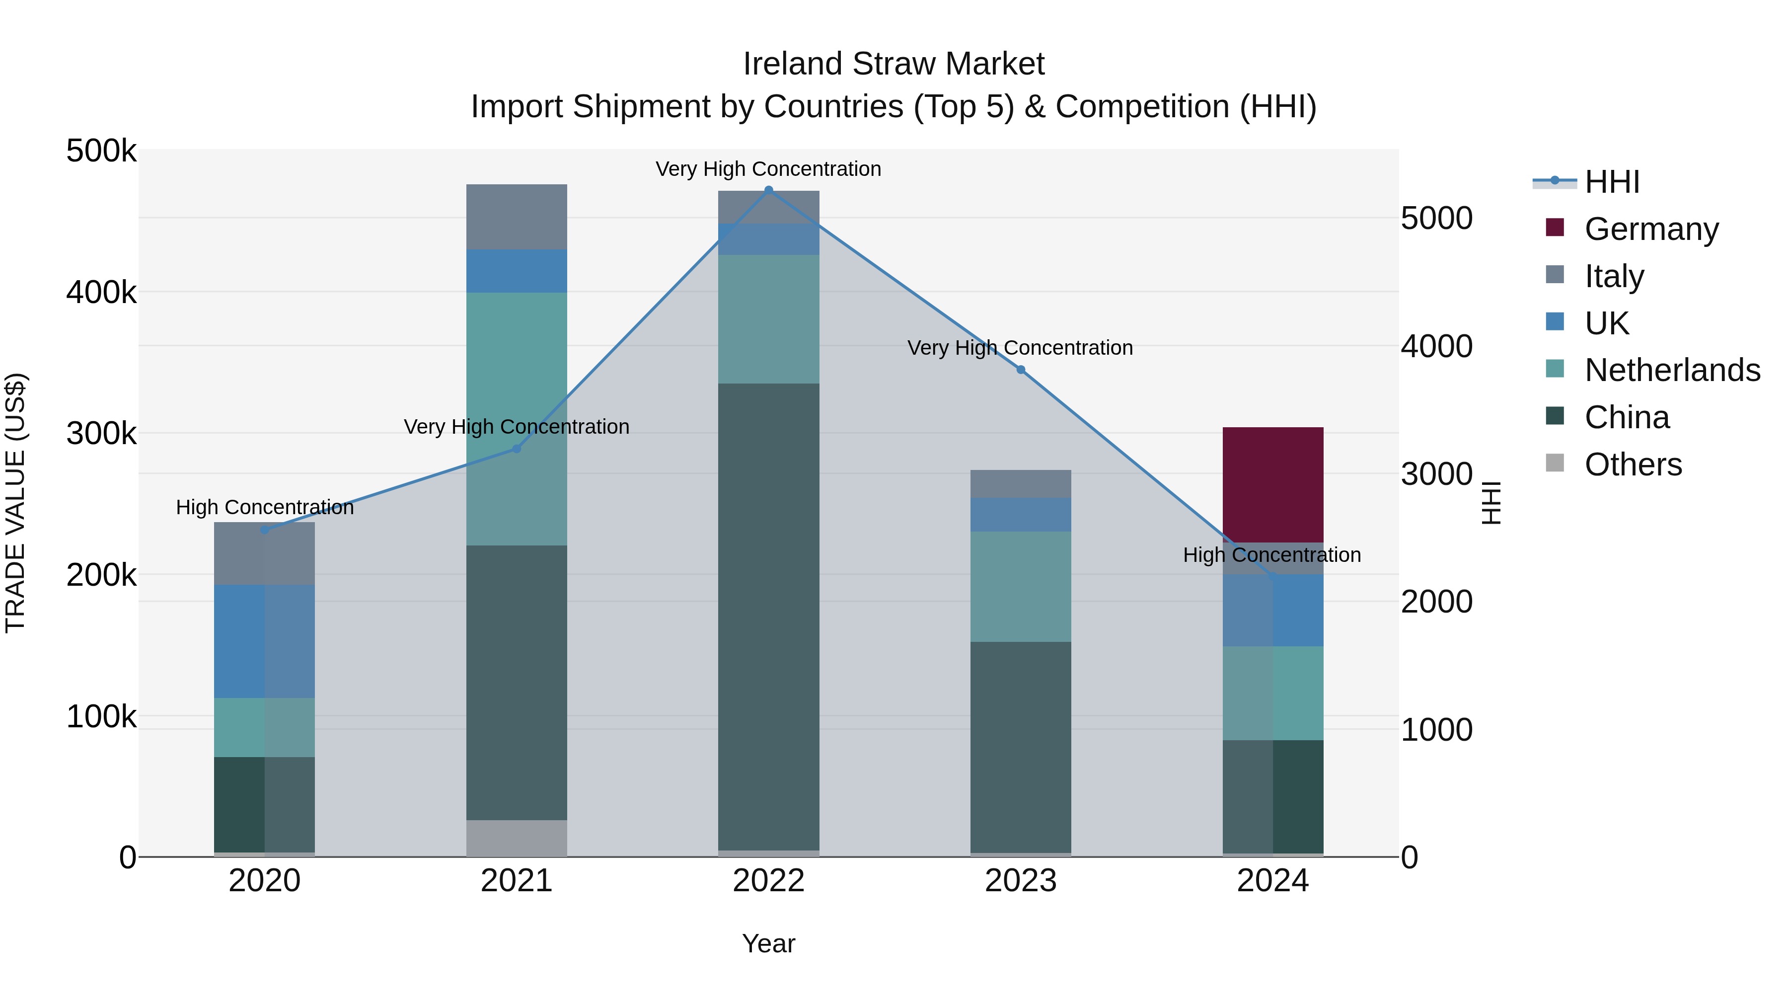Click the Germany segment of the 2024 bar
point(1272,484)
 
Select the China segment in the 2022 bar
point(768,617)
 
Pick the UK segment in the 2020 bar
point(264,641)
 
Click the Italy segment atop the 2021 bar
point(517,217)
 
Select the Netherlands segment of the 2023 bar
point(1020,586)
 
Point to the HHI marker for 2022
point(768,190)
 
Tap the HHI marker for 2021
point(517,449)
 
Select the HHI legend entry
point(1612,182)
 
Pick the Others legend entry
point(1633,464)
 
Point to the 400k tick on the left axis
point(101,292)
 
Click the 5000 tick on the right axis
point(1436,218)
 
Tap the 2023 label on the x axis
point(1020,881)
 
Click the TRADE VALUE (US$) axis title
point(16,503)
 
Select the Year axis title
point(768,943)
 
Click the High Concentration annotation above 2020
point(264,508)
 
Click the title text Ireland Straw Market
point(894,64)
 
